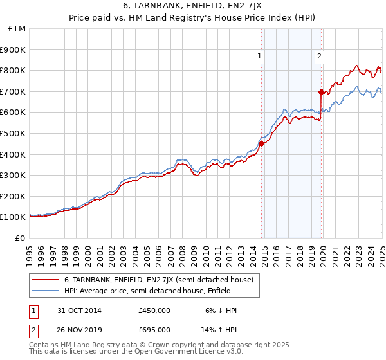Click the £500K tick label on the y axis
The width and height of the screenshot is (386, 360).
(x=13, y=133)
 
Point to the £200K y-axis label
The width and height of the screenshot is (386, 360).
(x=13, y=196)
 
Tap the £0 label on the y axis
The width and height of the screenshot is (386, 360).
(x=20, y=238)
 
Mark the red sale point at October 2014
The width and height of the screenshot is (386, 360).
(x=262, y=143)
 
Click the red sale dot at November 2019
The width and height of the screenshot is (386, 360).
(x=321, y=92)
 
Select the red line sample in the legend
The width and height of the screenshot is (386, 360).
(x=46, y=280)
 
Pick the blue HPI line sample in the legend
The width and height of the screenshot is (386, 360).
(x=46, y=291)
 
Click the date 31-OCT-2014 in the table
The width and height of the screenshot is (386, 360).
(x=76, y=310)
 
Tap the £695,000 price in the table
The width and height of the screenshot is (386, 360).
(x=154, y=330)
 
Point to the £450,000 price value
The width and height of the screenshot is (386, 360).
(x=154, y=310)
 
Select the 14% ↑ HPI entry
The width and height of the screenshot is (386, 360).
(x=219, y=330)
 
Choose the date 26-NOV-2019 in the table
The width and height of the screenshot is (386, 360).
(x=76, y=330)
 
